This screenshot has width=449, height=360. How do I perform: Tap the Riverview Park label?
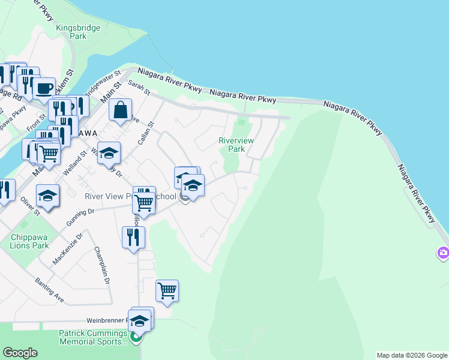236,144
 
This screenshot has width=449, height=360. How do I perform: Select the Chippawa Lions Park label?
29,241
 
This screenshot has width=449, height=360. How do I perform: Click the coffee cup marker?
44,88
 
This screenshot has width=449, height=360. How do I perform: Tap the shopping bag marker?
121,110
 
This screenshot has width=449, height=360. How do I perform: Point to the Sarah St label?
139,88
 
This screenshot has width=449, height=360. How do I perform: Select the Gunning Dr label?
83,212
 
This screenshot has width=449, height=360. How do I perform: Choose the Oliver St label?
29,205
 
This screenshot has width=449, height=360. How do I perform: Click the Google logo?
20,353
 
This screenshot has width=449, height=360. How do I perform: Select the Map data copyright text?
412,355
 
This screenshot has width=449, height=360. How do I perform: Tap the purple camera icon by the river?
444,253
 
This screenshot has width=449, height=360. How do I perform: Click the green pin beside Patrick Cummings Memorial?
136,337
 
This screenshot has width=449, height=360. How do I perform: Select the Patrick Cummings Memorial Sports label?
93,337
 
